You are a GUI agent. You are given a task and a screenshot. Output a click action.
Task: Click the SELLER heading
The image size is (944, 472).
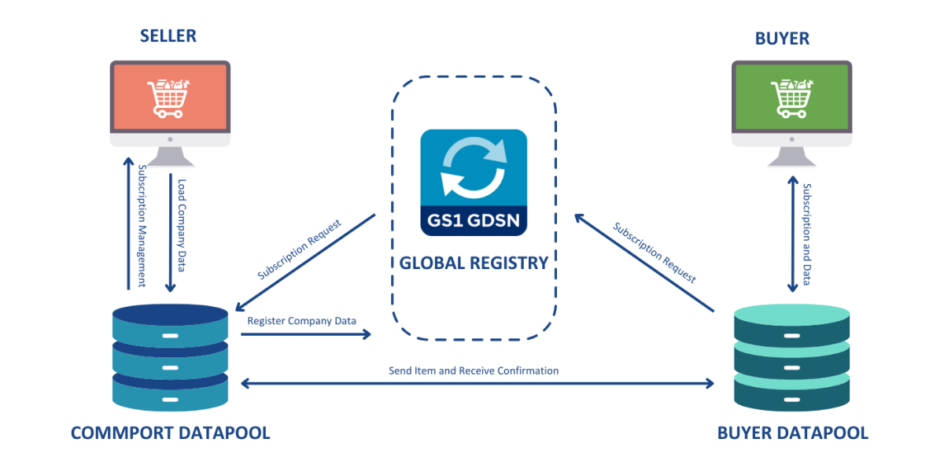[168, 36]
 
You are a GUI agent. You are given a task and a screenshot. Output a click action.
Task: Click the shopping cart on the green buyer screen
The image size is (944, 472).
[791, 98]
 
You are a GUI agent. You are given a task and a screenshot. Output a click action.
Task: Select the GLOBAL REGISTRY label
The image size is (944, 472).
[474, 264]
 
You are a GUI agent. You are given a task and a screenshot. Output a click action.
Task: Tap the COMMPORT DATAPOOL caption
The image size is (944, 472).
[170, 433]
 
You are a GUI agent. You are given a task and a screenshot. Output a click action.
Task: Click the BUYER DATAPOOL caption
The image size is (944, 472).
[793, 433]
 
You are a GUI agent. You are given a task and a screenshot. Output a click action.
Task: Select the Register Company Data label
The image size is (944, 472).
[301, 321]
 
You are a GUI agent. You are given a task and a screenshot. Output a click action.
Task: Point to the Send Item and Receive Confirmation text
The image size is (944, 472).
[474, 370]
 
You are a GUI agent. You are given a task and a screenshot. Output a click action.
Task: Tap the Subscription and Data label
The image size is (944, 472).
[807, 234]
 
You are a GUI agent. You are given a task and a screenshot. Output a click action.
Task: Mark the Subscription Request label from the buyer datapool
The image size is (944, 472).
[655, 254]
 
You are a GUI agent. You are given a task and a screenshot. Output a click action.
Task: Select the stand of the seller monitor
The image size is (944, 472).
[170, 157]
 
